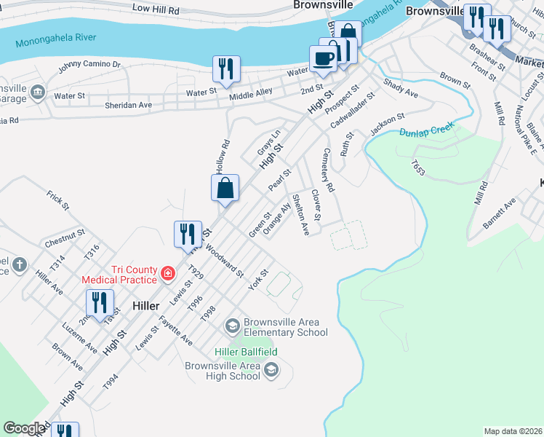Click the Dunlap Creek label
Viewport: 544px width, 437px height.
pos(427,130)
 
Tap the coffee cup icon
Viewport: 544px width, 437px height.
pos(324,58)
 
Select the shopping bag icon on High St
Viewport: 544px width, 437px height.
pos(225,188)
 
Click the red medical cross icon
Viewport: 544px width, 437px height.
pos(168,274)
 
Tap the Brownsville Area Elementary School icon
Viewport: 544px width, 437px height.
pos(232,325)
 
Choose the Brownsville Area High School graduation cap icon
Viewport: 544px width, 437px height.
pos(271,371)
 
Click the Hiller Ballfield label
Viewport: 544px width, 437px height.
pos(246,352)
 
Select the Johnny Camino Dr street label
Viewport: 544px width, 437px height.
pos(89,66)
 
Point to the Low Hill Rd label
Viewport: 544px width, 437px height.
pos(156,9)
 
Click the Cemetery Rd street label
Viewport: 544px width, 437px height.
pos(328,170)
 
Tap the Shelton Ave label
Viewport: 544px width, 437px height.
pos(300,214)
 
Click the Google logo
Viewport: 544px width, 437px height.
pos(24,428)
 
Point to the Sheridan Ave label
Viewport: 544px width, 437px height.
pos(128,105)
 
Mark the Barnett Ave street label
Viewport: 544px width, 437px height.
pos(499,212)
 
